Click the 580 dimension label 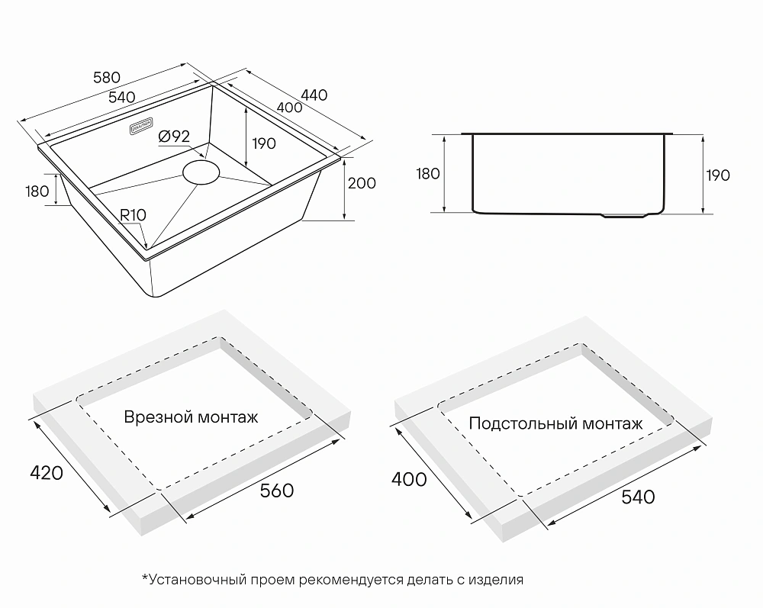click(x=107, y=78)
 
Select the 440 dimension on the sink click(x=314, y=95)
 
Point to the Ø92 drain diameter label click(x=174, y=137)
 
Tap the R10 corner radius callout click(x=133, y=215)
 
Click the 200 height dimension click(x=362, y=183)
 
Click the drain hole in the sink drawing click(x=201, y=172)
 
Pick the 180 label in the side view click(x=428, y=174)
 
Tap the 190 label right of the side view click(x=718, y=175)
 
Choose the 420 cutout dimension click(x=47, y=473)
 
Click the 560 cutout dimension click(x=277, y=491)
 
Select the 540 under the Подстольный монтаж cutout click(x=639, y=497)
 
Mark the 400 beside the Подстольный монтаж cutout click(x=409, y=480)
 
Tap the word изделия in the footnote click(x=496, y=580)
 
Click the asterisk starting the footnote click(x=144, y=577)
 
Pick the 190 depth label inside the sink click(x=264, y=144)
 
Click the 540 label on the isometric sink click(x=121, y=98)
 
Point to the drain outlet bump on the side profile click(x=626, y=215)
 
